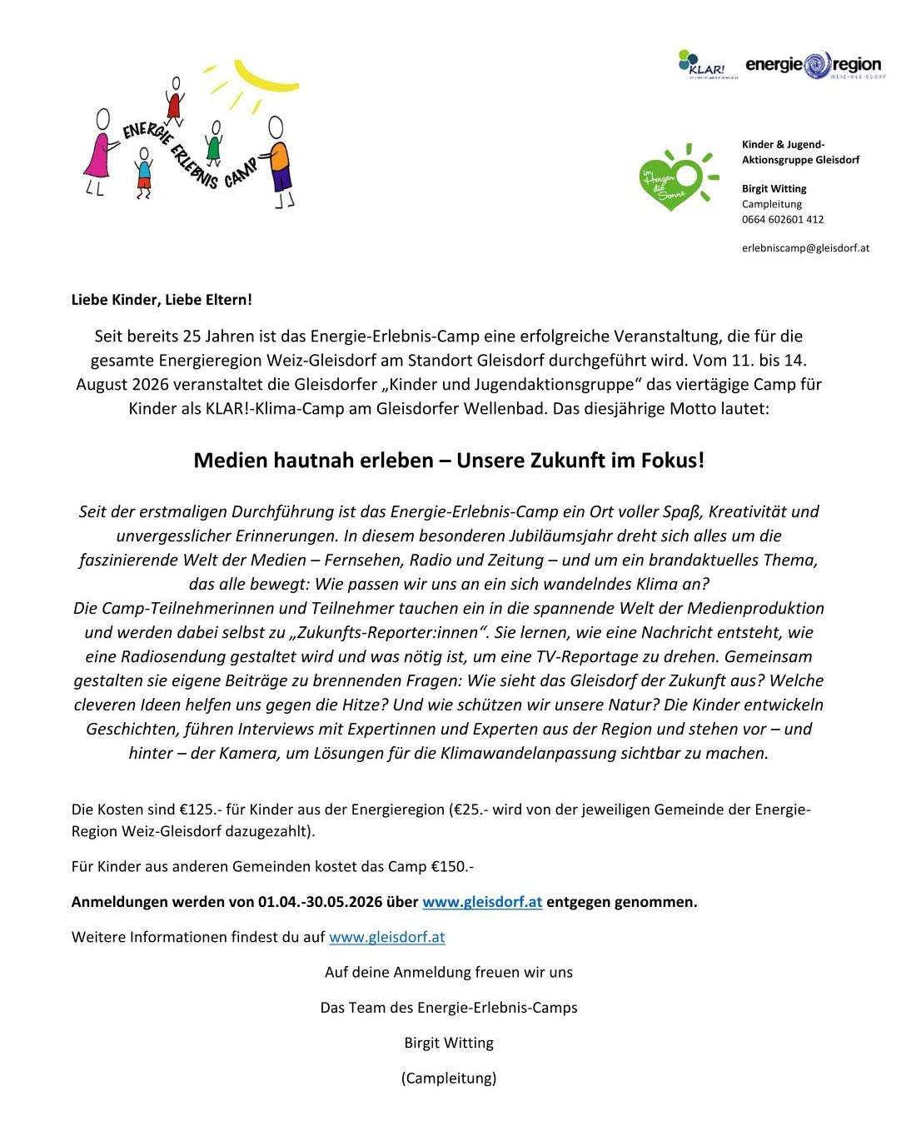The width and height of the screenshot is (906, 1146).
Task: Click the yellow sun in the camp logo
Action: click(x=265, y=77)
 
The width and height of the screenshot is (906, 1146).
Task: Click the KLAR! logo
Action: click(x=701, y=65)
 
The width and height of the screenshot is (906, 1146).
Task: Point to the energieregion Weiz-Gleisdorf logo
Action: click(x=814, y=65)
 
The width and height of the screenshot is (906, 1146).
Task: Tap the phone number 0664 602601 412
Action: click(x=783, y=220)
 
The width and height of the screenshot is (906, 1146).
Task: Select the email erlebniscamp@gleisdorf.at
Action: click(x=805, y=248)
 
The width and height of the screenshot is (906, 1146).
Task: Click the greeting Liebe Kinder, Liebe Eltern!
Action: click(x=162, y=300)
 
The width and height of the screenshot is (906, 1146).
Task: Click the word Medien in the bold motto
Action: click(x=231, y=461)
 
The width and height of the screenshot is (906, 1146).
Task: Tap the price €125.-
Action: click(x=200, y=810)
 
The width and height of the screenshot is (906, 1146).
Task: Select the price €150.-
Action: click(x=452, y=867)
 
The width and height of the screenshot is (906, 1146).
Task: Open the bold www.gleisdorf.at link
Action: click(x=482, y=902)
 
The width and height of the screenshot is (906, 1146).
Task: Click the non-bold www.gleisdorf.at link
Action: click(x=387, y=937)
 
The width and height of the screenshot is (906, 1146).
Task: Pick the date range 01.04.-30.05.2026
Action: click(x=321, y=902)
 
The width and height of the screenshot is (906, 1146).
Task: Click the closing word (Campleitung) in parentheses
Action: click(x=449, y=1079)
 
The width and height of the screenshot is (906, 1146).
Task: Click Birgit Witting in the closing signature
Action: click(x=449, y=1044)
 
